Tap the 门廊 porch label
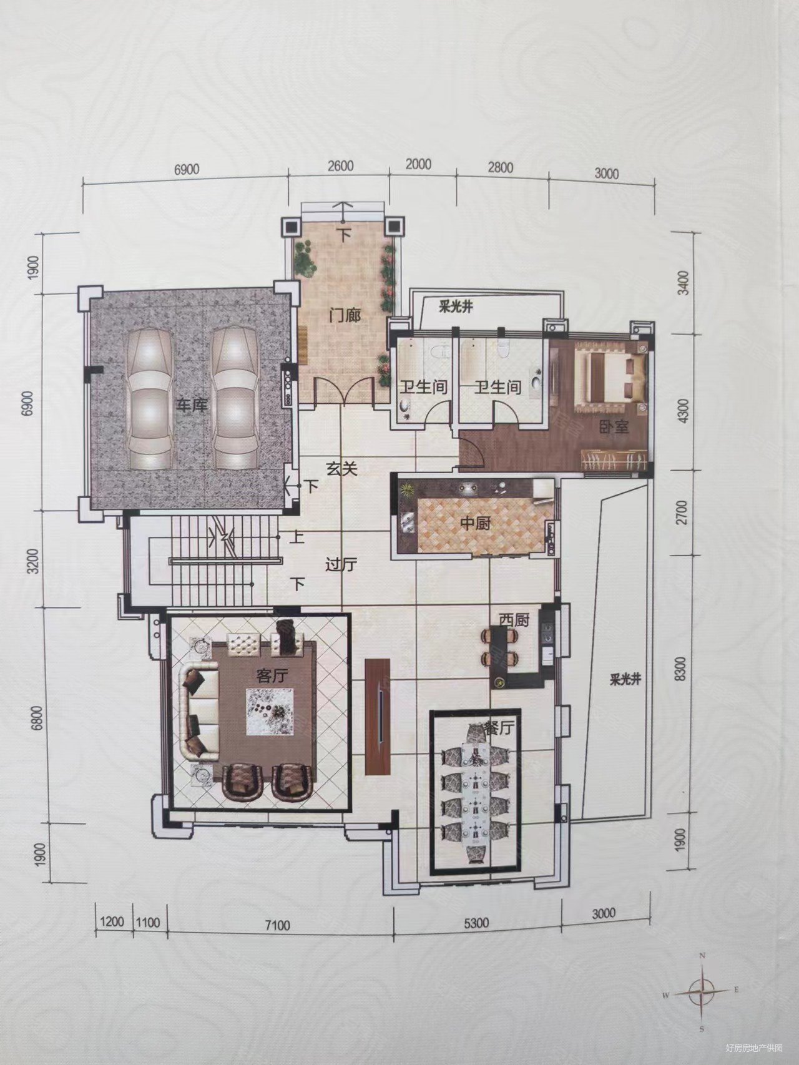(346, 315)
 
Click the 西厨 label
(513, 620)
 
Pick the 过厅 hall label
(341, 566)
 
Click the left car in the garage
(150, 398)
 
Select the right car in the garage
(233, 398)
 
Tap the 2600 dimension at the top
(340, 166)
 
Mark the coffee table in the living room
(270, 712)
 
